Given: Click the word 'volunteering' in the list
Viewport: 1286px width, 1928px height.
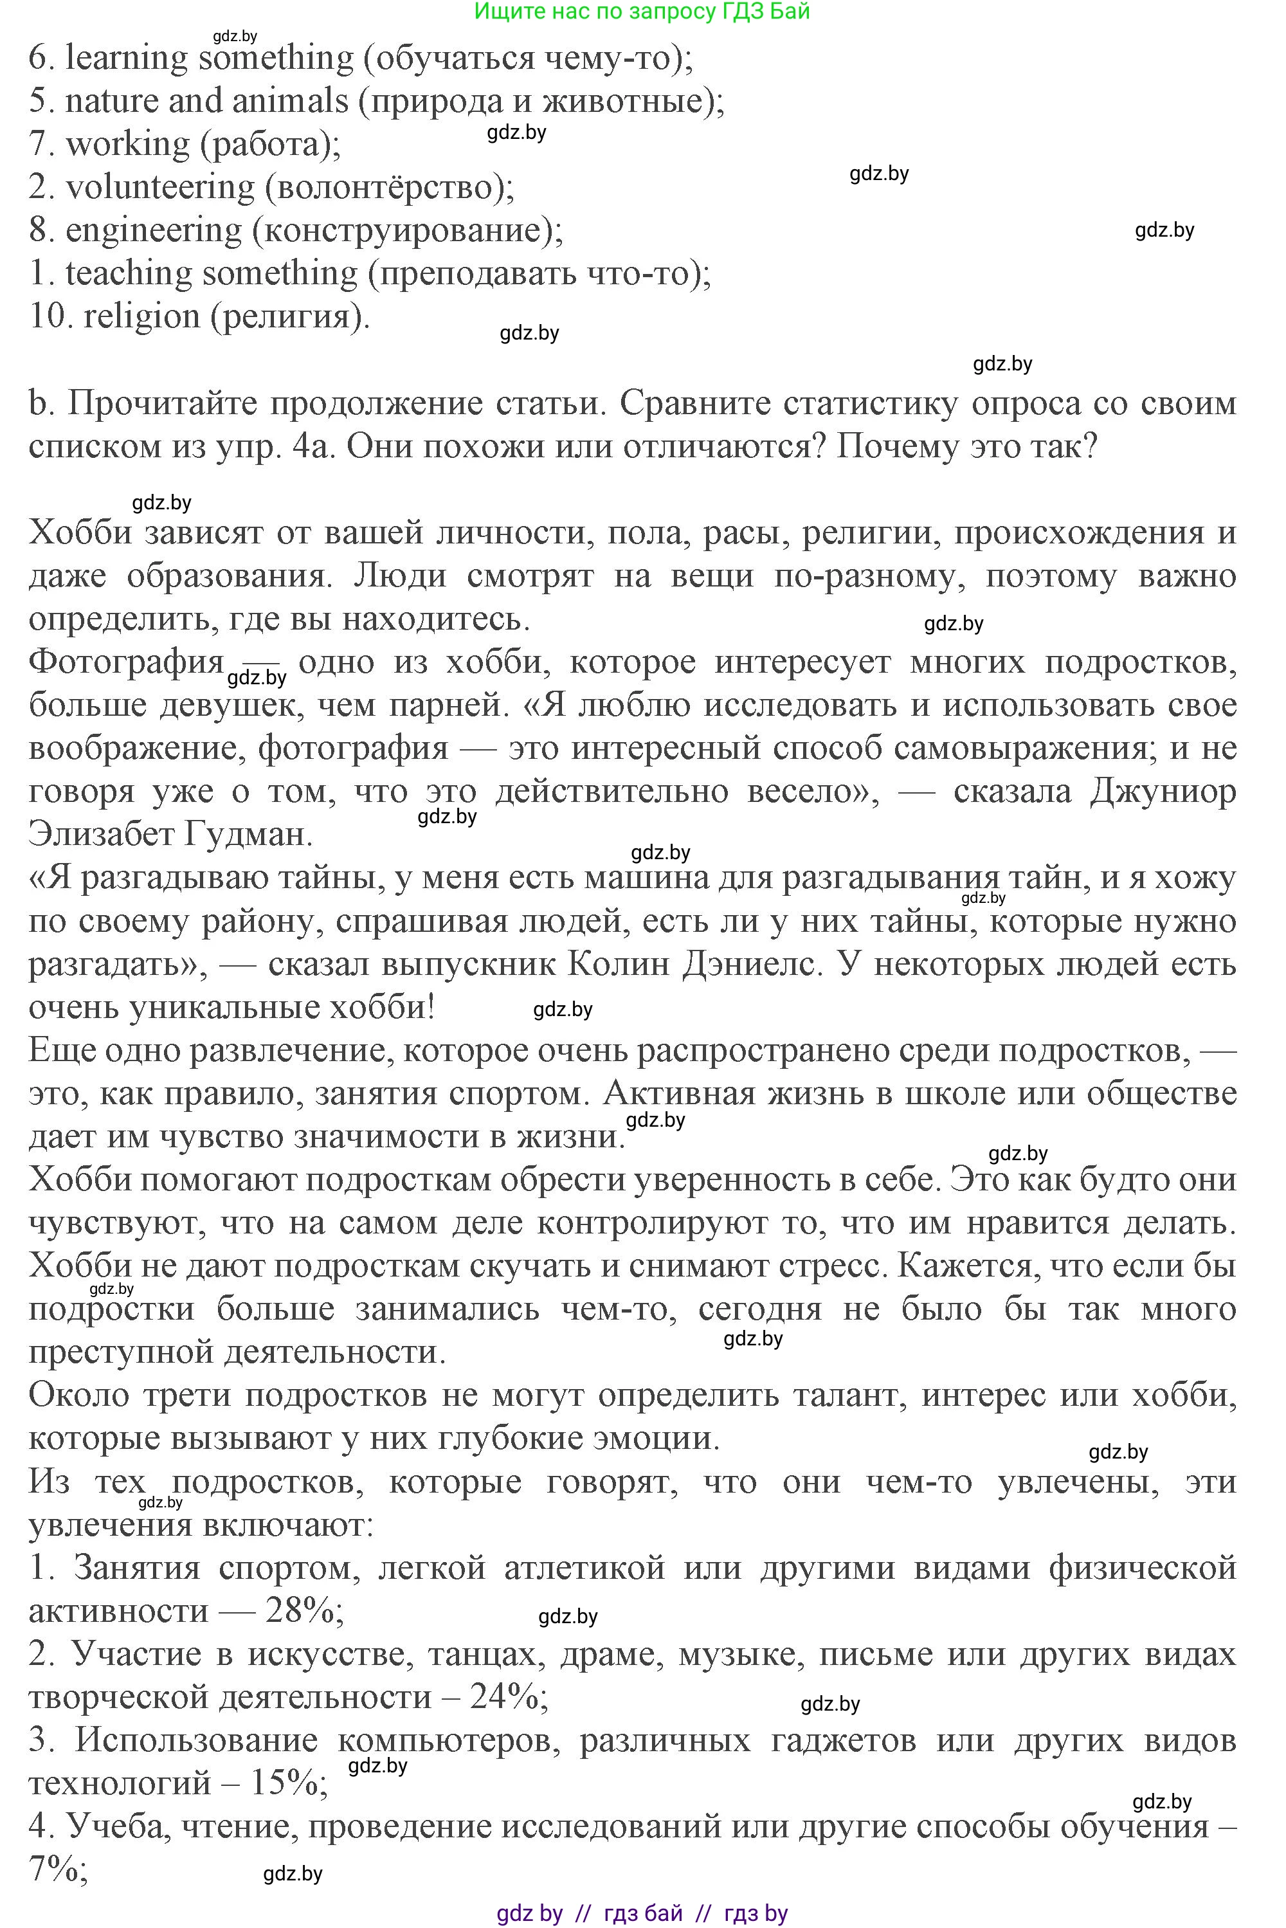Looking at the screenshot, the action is (160, 188).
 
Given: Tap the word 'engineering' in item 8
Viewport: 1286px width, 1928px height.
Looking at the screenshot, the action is (154, 230).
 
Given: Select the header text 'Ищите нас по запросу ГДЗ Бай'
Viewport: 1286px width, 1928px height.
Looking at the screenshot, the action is (642, 12).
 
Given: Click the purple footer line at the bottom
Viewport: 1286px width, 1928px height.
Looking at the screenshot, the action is (642, 1913).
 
